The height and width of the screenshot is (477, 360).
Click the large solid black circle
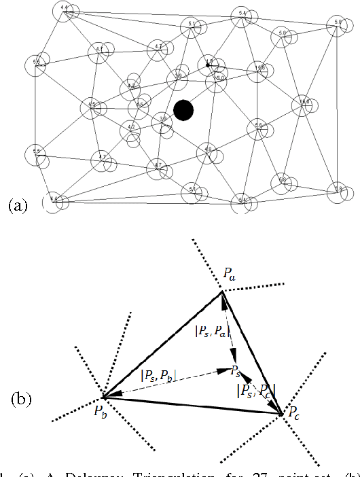(183, 110)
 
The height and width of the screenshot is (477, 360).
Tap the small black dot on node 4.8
(208, 65)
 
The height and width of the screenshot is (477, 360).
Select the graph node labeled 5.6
(258, 126)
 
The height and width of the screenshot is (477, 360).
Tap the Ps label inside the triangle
(234, 370)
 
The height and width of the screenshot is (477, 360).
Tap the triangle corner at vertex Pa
(223, 292)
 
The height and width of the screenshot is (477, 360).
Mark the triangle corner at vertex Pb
(103, 397)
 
